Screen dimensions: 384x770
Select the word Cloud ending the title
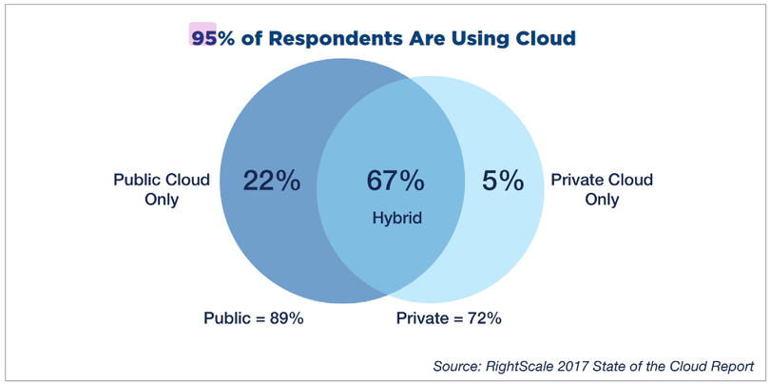pos(542,38)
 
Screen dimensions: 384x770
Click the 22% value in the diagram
pos(271,181)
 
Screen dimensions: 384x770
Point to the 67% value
pos(395,181)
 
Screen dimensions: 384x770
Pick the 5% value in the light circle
pos(502,181)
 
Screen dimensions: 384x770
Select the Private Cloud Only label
pos(603,189)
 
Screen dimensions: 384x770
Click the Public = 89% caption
pos(253,318)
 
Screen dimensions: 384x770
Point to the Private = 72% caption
pos(448,318)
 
